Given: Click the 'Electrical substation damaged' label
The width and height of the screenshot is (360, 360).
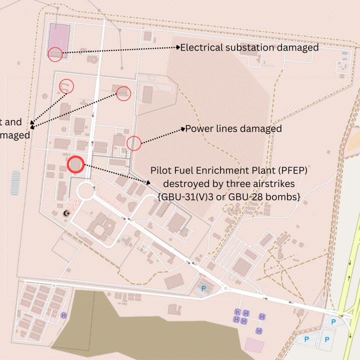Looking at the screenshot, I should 249,47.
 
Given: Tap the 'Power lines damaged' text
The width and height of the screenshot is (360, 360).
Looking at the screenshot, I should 233,129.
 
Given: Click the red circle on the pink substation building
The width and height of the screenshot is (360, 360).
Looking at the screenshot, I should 55,54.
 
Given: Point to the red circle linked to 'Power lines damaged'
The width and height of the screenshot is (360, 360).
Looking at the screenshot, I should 133,143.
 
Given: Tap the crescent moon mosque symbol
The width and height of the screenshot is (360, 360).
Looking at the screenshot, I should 66,213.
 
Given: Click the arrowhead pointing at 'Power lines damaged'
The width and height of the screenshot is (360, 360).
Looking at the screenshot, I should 183,129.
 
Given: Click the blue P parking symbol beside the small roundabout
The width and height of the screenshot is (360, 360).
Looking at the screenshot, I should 203,288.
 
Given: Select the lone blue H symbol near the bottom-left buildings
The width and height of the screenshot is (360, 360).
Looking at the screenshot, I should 64,315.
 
